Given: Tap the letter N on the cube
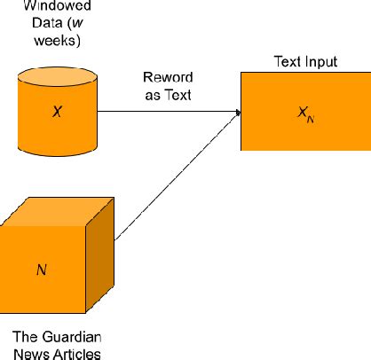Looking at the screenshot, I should (41, 268).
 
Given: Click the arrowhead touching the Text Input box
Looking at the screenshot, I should (238, 113).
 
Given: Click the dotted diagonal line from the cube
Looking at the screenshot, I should (178, 177).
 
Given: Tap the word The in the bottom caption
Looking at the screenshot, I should (26, 338).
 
